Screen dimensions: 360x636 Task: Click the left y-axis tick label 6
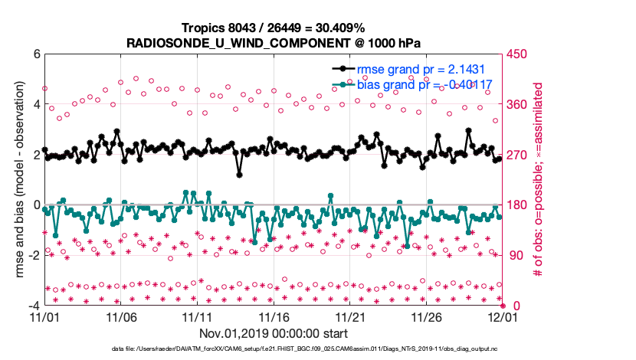coord(36,54)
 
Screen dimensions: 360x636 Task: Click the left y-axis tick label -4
coord(34,306)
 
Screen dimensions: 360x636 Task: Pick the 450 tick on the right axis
coord(516,54)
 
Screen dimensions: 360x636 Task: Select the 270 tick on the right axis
coord(516,155)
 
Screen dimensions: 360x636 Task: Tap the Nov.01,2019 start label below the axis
coord(274,333)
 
